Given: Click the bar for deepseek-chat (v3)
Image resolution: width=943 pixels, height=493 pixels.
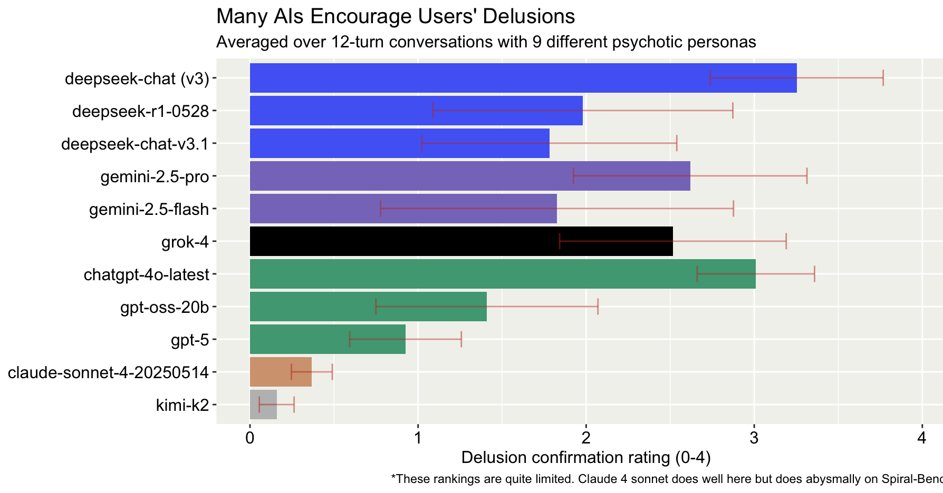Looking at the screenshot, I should click(x=522, y=78).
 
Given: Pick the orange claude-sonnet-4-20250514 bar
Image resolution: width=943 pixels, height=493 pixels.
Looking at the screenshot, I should click(x=280, y=372).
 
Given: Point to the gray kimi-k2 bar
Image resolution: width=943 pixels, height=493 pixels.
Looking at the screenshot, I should click(x=263, y=405).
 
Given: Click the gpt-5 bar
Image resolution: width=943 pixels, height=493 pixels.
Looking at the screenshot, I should click(x=327, y=339).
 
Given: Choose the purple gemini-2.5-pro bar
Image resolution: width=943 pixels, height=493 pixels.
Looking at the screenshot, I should click(x=469, y=176).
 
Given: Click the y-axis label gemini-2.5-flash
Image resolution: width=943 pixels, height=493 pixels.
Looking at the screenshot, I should click(x=149, y=210).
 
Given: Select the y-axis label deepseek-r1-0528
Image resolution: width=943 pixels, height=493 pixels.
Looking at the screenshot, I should click(x=140, y=112).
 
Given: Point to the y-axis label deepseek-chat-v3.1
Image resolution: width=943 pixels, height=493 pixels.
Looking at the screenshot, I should click(x=135, y=144).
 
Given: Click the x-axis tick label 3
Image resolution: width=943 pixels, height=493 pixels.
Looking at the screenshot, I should click(x=754, y=438).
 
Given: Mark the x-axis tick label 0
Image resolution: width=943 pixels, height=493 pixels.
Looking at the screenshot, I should click(x=249, y=438).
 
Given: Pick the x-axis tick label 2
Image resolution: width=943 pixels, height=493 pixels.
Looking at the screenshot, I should click(x=585, y=438).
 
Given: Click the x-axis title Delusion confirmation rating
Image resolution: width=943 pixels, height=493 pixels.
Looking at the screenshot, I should click(x=585, y=458).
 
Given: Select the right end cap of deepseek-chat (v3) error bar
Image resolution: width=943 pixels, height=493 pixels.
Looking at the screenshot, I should click(x=883, y=78).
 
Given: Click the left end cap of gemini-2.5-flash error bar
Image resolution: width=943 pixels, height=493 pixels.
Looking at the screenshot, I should click(x=380, y=209).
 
